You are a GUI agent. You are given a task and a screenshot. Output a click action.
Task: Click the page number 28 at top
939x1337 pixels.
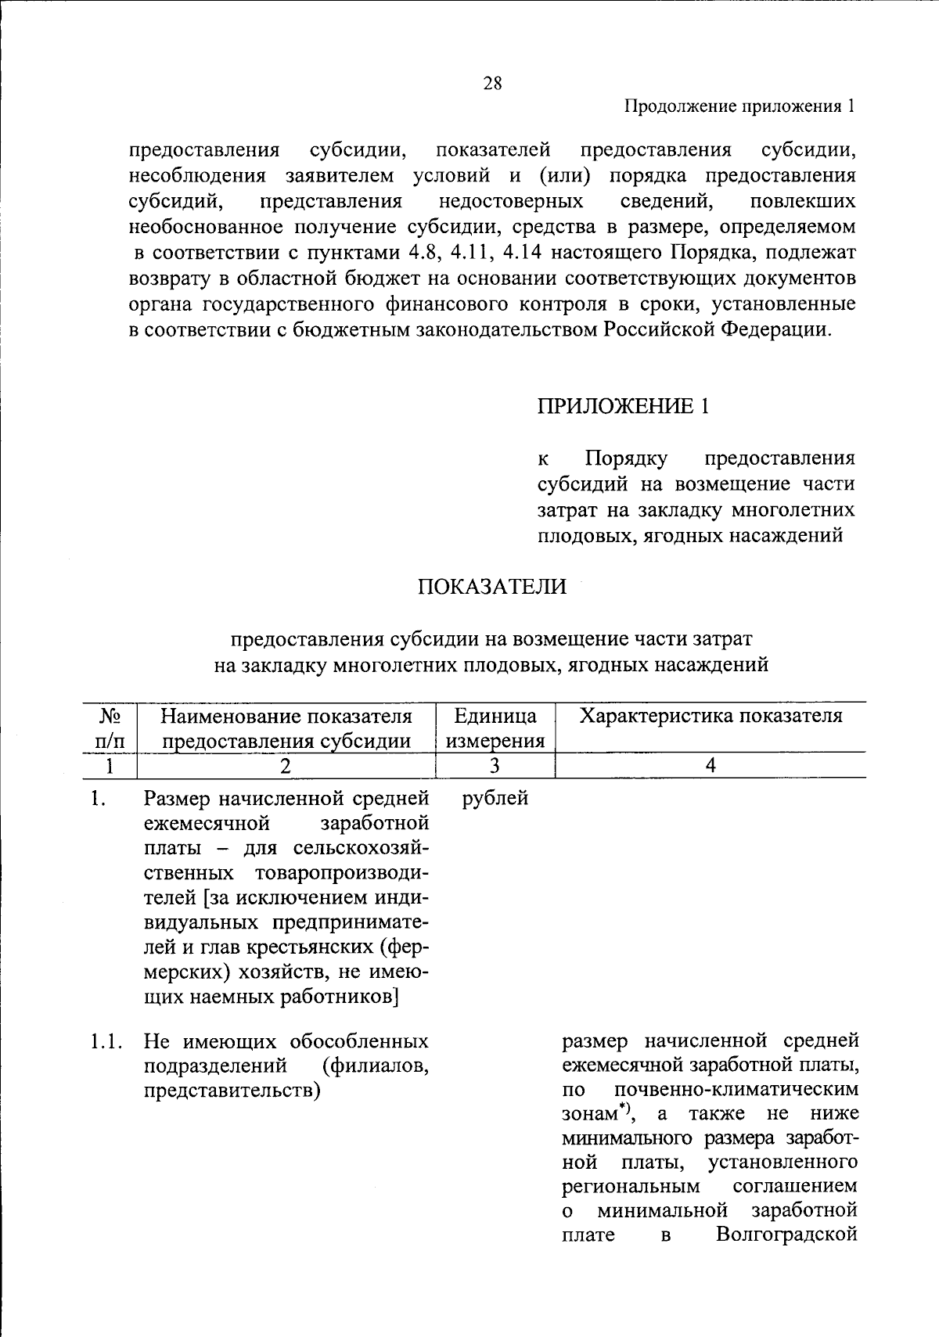(492, 84)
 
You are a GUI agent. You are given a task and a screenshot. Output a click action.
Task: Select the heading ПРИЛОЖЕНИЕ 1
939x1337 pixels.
(623, 406)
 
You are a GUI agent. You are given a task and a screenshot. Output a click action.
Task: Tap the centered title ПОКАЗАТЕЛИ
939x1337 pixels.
(491, 587)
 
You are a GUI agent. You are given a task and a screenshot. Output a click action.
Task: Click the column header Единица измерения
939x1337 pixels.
(495, 728)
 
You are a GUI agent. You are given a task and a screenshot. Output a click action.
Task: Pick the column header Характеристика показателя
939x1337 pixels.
(710, 716)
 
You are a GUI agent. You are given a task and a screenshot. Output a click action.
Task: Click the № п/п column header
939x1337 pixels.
(110, 728)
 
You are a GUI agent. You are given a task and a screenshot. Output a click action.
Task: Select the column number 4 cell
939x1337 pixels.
(710, 766)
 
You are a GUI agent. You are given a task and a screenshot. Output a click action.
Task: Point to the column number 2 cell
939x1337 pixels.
(286, 766)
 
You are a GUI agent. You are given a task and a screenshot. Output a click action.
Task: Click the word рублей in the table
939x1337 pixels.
(495, 799)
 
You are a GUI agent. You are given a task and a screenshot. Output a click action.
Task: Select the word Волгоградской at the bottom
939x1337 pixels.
(786, 1235)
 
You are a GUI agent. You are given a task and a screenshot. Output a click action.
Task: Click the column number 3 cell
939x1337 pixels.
(495, 766)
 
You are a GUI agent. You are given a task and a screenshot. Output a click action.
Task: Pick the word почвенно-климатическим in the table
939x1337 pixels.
(736, 1090)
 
